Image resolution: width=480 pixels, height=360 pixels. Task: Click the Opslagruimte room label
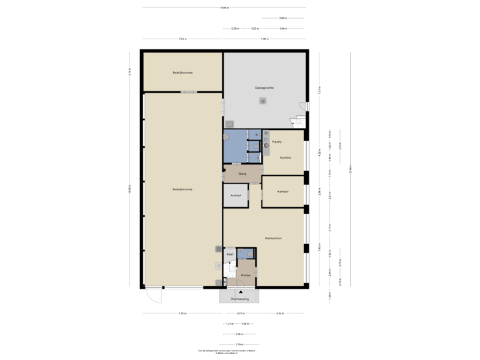[265, 87]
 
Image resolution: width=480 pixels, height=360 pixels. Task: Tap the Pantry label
[277, 141]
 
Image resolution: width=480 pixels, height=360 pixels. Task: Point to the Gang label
[242, 174]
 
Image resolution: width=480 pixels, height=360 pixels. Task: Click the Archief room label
[235, 195]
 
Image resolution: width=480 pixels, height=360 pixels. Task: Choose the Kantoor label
[283, 191]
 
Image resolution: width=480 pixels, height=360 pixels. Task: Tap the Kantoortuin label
[274, 238]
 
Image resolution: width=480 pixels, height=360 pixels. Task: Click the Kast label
[230, 254]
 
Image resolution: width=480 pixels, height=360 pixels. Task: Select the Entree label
[245, 274]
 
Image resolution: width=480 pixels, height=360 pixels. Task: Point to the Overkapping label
[240, 299]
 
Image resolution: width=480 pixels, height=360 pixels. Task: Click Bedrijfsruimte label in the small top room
[182, 72]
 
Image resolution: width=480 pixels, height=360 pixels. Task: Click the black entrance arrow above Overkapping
[241, 293]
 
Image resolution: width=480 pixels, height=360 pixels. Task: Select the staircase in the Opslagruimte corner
[297, 121]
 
